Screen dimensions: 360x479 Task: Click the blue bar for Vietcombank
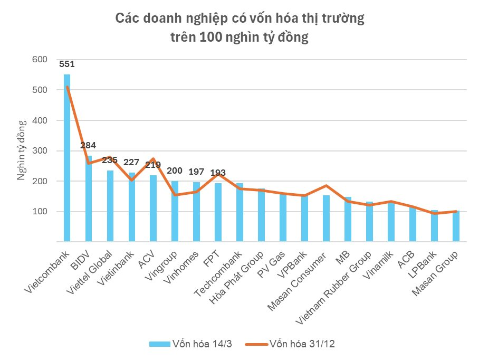click(67, 158)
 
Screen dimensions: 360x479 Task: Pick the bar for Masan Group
click(456, 226)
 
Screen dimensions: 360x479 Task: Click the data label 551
click(67, 65)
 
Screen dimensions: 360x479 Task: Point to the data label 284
click(88, 146)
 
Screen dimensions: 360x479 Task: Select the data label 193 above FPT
click(218, 173)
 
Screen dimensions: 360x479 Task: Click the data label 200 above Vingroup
click(175, 171)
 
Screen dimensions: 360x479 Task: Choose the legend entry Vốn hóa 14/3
click(190, 344)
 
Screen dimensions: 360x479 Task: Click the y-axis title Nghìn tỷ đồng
click(21, 151)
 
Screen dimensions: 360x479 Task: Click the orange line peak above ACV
click(153, 159)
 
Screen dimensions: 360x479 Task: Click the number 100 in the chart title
click(210, 38)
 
